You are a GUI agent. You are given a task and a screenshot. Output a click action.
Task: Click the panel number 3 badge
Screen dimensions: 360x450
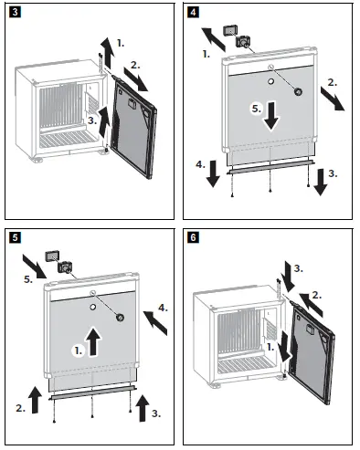tap(15, 13)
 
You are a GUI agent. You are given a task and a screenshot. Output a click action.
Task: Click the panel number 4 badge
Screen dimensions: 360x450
tap(193, 13)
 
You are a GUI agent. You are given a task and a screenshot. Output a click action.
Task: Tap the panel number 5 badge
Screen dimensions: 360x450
tap(15, 237)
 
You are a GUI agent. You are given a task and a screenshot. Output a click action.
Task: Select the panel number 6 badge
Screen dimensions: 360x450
tap(193, 237)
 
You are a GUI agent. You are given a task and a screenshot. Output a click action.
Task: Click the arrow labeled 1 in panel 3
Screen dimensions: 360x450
tap(108, 52)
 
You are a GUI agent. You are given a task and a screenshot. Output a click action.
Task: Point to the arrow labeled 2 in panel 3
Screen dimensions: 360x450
tap(136, 79)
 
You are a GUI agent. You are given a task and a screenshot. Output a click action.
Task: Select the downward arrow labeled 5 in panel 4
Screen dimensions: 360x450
tap(271, 116)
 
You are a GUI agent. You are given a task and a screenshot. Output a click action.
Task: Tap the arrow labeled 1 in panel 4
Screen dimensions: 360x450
tap(214, 39)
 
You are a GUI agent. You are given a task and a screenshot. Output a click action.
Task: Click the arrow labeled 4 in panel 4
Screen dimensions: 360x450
tap(213, 173)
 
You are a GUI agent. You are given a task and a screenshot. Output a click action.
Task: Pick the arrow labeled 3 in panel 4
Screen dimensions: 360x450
tap(321, 182)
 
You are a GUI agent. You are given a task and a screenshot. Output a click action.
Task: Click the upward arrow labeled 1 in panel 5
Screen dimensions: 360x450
tap(93, 341)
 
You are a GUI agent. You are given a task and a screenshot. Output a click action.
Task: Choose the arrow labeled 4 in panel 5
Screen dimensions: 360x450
tap(155, 323)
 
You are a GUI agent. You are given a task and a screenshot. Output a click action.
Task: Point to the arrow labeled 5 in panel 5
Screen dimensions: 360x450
tap(35, 267)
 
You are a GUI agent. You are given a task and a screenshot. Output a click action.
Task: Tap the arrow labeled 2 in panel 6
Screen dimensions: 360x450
tap(311, 304)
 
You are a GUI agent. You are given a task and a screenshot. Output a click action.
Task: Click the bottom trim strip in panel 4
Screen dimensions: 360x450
tap(271, 168)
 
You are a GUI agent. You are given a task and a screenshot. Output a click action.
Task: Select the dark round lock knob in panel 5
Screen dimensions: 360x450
tap(120, 318)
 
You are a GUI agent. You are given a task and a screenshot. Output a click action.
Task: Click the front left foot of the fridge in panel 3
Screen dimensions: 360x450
tap(37, 160)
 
